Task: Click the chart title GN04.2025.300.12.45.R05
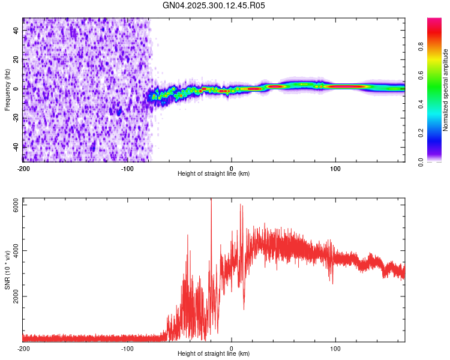(x=214, y=5)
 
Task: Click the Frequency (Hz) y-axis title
(x=7, y=89)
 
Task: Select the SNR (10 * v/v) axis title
(x=7, y=270)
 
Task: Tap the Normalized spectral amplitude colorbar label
(x=446, y=90)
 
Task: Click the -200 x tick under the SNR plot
(x=23, y=349)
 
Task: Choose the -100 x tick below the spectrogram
(x=127, y=169)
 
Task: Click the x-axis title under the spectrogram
(x=214, y=174)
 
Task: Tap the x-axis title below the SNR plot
(x=214, y=354)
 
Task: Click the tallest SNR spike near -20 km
(x=211, y=200)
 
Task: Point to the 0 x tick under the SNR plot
(x=232, y=349)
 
